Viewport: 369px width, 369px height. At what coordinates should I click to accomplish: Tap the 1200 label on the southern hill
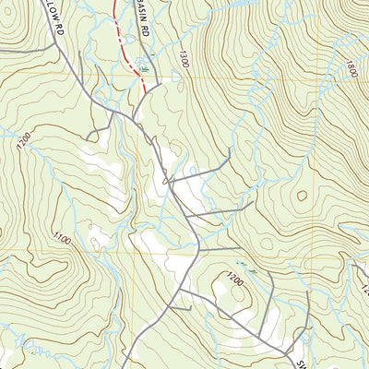[x=236, y=276]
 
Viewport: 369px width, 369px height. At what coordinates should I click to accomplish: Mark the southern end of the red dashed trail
[x=145, y=89]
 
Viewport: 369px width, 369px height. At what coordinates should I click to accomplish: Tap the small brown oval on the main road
[x=166, y=182]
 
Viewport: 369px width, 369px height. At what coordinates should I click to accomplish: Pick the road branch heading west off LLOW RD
[x=92, y=120]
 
